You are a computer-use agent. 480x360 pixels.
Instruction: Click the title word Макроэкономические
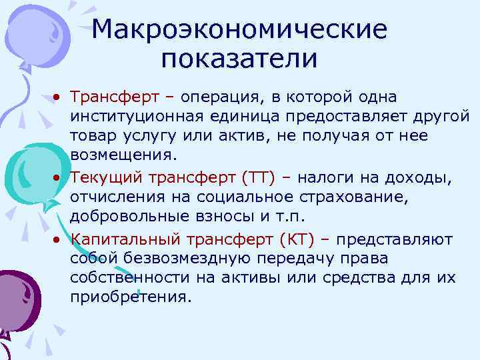coord(239,30)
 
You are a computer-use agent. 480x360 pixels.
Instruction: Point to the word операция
coord(222,97)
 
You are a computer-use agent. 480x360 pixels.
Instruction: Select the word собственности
coord(123,278)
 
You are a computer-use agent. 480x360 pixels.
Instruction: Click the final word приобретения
coord(130,298)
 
